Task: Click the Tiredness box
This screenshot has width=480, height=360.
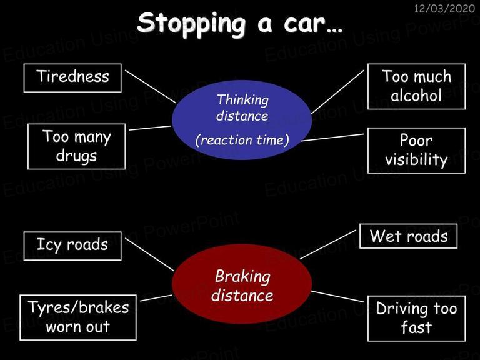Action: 72,77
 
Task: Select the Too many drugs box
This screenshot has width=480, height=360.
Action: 76,146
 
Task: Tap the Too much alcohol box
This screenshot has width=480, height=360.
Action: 416,86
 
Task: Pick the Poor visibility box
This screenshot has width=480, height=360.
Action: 416,150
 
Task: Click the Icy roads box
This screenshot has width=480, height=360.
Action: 72,246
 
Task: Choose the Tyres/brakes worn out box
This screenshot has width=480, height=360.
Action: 78,317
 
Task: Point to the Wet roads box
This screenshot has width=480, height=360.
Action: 408,236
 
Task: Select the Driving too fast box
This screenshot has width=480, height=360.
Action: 416,318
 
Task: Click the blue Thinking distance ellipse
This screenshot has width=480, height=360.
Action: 242,120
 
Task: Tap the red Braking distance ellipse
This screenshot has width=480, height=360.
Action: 242,284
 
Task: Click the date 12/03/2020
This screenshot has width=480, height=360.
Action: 444,8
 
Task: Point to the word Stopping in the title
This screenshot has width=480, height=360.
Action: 191,24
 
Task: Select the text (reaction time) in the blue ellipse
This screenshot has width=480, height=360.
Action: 242,140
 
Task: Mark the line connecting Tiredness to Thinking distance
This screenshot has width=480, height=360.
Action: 151,87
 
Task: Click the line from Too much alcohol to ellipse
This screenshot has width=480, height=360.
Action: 337,92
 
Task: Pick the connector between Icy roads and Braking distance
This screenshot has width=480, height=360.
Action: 150,255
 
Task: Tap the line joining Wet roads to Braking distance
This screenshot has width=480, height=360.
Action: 328,244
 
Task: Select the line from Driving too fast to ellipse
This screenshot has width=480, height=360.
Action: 337,297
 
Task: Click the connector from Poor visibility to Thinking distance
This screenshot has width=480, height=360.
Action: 332,137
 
